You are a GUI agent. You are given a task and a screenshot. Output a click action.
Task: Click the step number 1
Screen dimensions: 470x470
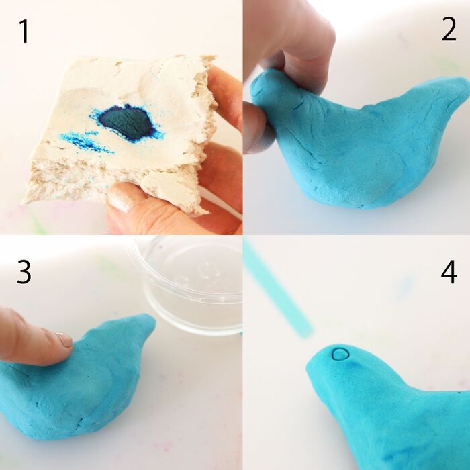tap(24, 32)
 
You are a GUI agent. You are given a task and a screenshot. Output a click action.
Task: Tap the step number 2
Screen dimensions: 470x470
tap(449, 29)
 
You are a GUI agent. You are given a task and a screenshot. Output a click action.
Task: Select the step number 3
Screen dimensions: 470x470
tap(24, 271)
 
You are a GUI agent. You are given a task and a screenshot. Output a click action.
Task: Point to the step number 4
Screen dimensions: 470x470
tap(449, 271)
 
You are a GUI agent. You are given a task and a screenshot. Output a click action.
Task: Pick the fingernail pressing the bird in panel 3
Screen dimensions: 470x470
tap(64, 339)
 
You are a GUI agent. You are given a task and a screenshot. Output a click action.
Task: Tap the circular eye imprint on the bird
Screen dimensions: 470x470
tap(341, 354)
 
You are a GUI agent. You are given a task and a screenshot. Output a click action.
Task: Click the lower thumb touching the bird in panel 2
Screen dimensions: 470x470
tap(257, 129)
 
